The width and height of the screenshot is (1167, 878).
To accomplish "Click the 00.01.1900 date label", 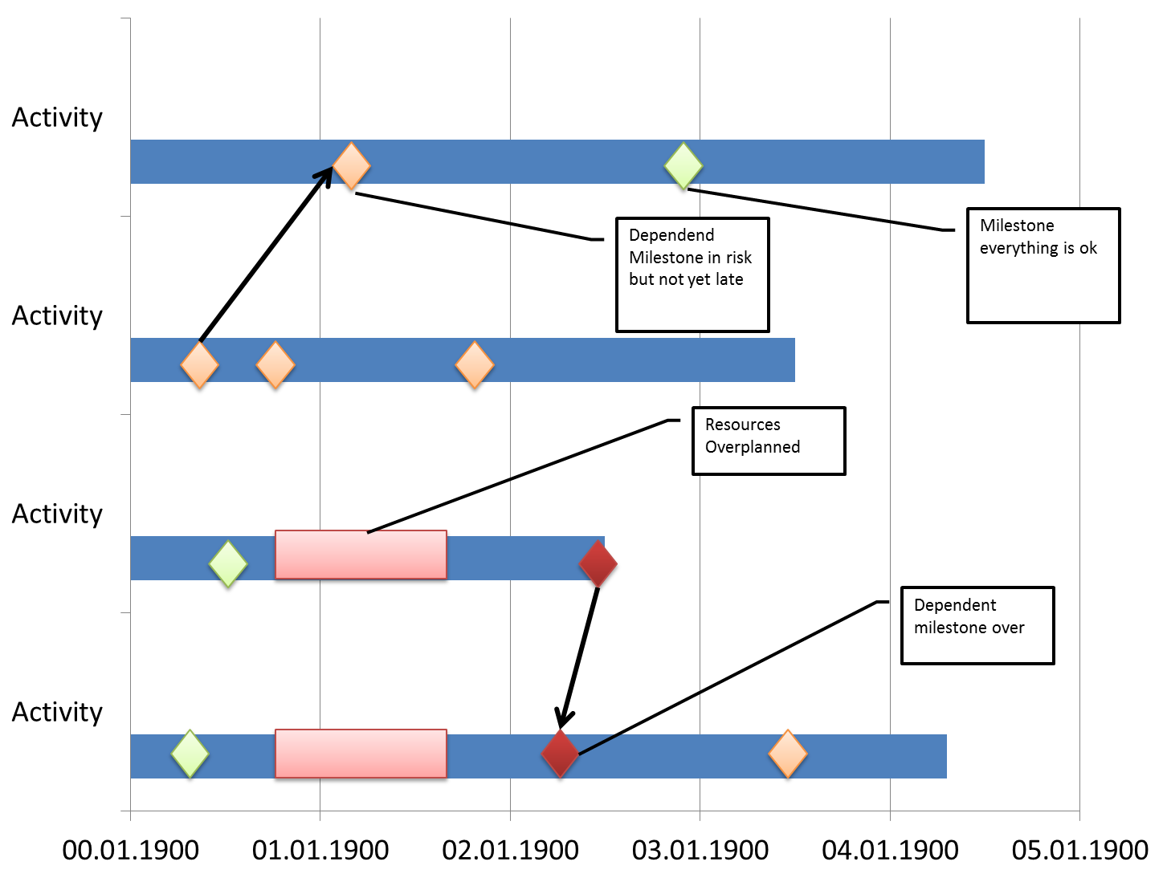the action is (x=130, y=850).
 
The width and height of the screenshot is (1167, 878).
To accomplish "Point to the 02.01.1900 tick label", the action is (x=510, y=850).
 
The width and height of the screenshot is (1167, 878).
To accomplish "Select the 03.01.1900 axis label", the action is (x=700, y=850).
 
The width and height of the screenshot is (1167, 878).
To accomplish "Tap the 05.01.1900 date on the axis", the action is (x=1079, y=850).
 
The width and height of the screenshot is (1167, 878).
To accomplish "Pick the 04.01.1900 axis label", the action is (x=890, y=850).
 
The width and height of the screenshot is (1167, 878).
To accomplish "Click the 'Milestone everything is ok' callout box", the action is (x=1043, y=265).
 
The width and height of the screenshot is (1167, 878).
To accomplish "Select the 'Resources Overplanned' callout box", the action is (x=769, y=441).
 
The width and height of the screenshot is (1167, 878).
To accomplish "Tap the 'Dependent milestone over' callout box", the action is (x=977, y=625).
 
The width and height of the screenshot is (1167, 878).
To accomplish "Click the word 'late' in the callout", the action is (x=729, y=279).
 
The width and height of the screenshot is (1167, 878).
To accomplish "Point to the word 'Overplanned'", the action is (x=753, y=447).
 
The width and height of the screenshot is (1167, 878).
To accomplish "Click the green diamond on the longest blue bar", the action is (x=683, y=165).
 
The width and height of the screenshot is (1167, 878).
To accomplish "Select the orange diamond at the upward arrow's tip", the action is (x=352, y=165).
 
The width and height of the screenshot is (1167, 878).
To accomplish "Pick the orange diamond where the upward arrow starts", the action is (x=199, y=365).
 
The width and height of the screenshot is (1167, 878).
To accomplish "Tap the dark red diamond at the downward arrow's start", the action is (x=598, y=563).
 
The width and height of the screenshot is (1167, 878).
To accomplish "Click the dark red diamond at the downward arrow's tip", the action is (x=561, y=753).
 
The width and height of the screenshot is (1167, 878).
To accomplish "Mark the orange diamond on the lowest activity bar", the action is (x=788, y=753).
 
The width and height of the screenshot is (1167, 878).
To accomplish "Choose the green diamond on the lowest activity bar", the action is (x=190, y=753).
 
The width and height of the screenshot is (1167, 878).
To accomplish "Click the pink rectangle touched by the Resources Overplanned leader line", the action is (x=361, y=555).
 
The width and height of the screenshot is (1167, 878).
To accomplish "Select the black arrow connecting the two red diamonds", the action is (x=579, y=658).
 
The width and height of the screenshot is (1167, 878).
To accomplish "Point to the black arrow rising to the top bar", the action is (x=266, y=254).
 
